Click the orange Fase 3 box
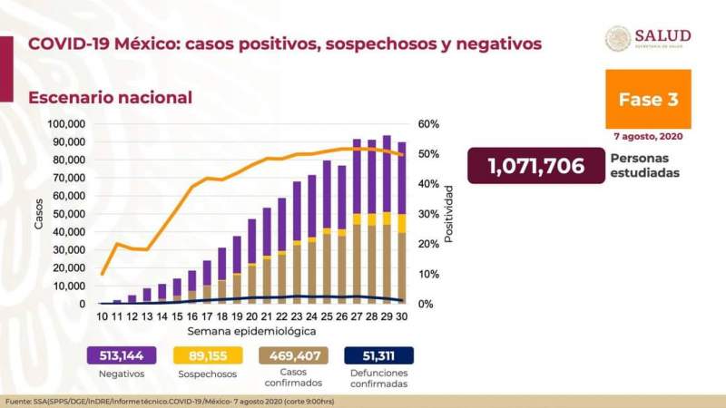pos(648,100)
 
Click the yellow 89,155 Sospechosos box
pos(209,355)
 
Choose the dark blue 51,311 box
pos(378,355)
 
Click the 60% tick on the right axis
pos(428,124)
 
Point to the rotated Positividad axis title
pos(448,214)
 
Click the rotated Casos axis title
pos(39,214)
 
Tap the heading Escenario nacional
pos(110,97)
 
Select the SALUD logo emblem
pos(618,38)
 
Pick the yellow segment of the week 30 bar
pos(401,223)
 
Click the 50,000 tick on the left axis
pos(68,214)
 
